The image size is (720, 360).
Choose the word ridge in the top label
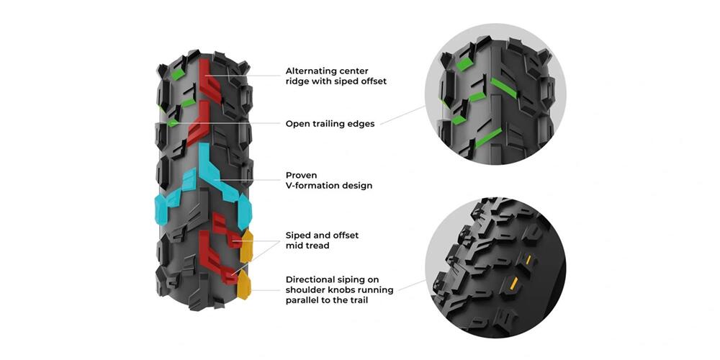pos(297,82)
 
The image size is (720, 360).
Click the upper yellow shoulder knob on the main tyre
pos(246,246)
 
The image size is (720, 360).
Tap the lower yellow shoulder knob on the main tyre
pos(243,284)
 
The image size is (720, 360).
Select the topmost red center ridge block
pos(210,81)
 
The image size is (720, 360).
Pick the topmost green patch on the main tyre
pos(178,74)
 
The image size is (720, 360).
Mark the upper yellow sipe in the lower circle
pos(528,261)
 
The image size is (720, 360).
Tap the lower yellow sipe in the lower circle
pos(514,284)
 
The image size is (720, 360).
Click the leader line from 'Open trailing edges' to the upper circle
pos(402,114)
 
